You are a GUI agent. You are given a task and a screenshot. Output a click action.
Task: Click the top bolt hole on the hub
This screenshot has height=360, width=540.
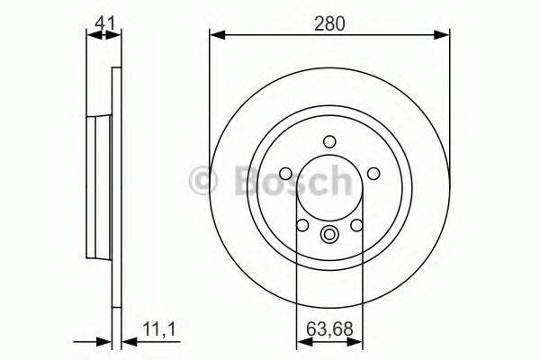tap(329, 140)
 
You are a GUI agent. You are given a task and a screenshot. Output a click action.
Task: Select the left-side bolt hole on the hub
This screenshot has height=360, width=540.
tap(286, 173)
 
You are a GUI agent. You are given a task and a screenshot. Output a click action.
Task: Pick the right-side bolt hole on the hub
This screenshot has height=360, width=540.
tap(373, 173)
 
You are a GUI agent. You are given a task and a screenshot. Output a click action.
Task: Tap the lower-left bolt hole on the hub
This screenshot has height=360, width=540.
tap(303, 225)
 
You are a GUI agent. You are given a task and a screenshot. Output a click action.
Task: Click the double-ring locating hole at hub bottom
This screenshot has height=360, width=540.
tap(329, 238)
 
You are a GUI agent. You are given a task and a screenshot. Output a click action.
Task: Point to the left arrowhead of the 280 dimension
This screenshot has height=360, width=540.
tap(214, 36)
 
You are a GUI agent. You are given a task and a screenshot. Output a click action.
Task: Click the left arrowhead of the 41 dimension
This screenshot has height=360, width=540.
tap(91, 36)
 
